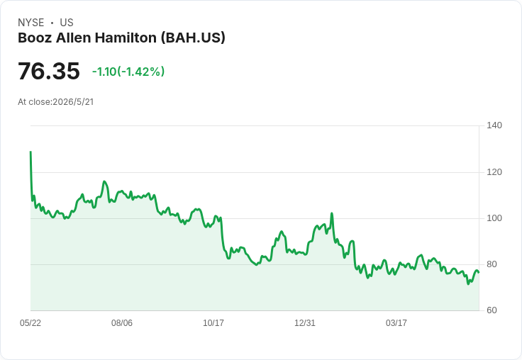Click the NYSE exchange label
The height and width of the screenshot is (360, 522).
pyautogui.click(x=31, y=23)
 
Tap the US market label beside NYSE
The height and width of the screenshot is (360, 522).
pyautogui.click(x=67, y=23)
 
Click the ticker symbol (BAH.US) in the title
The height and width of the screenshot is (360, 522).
pyautogui.click(x=193, y=38)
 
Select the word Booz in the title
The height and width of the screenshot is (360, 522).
pyautogui.click(x=35, y=38)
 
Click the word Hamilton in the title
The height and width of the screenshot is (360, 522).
pyautogui.click(x=126, y=38)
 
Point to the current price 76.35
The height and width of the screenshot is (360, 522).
pyautogui.click(x=49, y=71)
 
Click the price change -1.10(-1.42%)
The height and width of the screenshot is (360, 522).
pyautogui.click(x=128, y=72)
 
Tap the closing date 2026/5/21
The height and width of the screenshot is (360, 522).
pyautogui.click(x=73, y=102)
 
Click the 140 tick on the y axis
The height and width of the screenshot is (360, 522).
pyautogui.click(x=494, y=125)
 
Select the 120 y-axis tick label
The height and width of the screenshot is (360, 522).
pyautogui.click(x=494, y=172)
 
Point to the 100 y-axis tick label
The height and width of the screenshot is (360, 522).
pyautogui.click(x=494, y=218)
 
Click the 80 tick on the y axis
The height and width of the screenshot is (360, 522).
pyautogui.click(x=492, y=264)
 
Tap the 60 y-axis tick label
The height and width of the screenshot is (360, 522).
pyautogui.click(x=492, y=310)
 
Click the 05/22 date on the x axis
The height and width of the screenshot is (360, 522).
pyautogui.click(x=30, y=323)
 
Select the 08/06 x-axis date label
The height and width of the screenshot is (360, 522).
pyautogui.click(x=122, y=323)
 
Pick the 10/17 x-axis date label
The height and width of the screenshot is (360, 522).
pyautogui.click(x=213, y=323)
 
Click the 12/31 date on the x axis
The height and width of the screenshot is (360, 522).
pyautogui.click(x=305, y=323)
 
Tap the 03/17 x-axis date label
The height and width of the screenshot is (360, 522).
pyautogui.click(x=396, y=323)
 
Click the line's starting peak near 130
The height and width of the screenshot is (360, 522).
pyautogui.click(x=30, y=152)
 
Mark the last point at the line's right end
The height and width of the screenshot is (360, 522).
pyautogui.click(x=479, y=273)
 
